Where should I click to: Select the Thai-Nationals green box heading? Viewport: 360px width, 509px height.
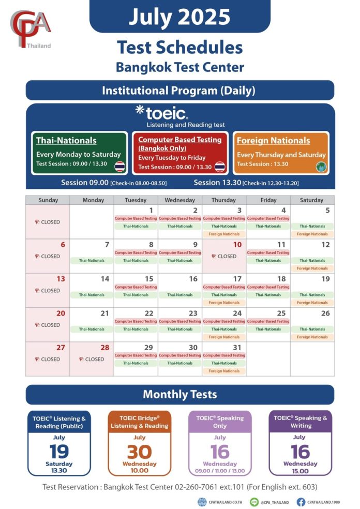coord(66,141)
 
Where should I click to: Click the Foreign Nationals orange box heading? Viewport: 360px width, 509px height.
coord(273,141)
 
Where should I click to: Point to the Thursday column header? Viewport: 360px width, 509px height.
coord(224,200)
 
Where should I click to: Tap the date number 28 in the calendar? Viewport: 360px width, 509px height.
coord(105,348)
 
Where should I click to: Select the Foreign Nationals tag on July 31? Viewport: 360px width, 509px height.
coord(224,371)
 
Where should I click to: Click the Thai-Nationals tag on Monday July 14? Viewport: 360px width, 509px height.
coord(92,295)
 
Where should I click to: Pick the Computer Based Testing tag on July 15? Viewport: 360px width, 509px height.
coord(136,287)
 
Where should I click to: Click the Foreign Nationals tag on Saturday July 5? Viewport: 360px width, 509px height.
coord(312,234)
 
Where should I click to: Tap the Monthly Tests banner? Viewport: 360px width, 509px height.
coord(179,395)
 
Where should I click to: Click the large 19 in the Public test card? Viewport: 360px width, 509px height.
coord(59,452)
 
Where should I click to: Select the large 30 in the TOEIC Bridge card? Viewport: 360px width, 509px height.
coord(139,452)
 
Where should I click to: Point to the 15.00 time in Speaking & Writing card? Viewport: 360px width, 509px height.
coord(300,471)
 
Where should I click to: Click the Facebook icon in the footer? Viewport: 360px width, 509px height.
coord(301,502)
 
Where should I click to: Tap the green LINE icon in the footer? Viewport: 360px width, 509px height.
coord(254,502)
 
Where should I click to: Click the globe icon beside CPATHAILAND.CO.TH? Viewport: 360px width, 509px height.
coord(202,502)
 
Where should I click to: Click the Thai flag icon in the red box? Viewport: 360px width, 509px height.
coord(220,167)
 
